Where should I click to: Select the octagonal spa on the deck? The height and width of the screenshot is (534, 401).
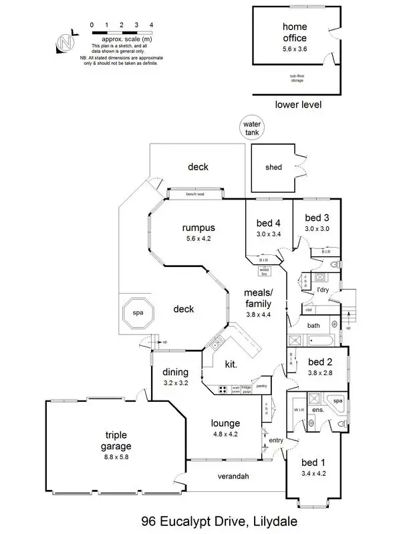[137, 312]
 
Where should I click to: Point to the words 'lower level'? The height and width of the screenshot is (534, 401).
[299, 105]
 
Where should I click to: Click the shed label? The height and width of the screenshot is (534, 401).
[273, 167]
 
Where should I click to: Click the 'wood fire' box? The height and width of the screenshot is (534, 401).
[263, 271]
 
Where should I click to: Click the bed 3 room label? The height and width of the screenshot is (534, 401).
[317, 218]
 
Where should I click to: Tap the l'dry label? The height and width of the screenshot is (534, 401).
[323, 290]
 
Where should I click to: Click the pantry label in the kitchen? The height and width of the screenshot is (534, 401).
[262, 386]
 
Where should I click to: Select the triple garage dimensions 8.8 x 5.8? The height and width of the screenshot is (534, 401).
[108, 459]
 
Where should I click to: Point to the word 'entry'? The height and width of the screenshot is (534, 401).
[275, 441]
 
